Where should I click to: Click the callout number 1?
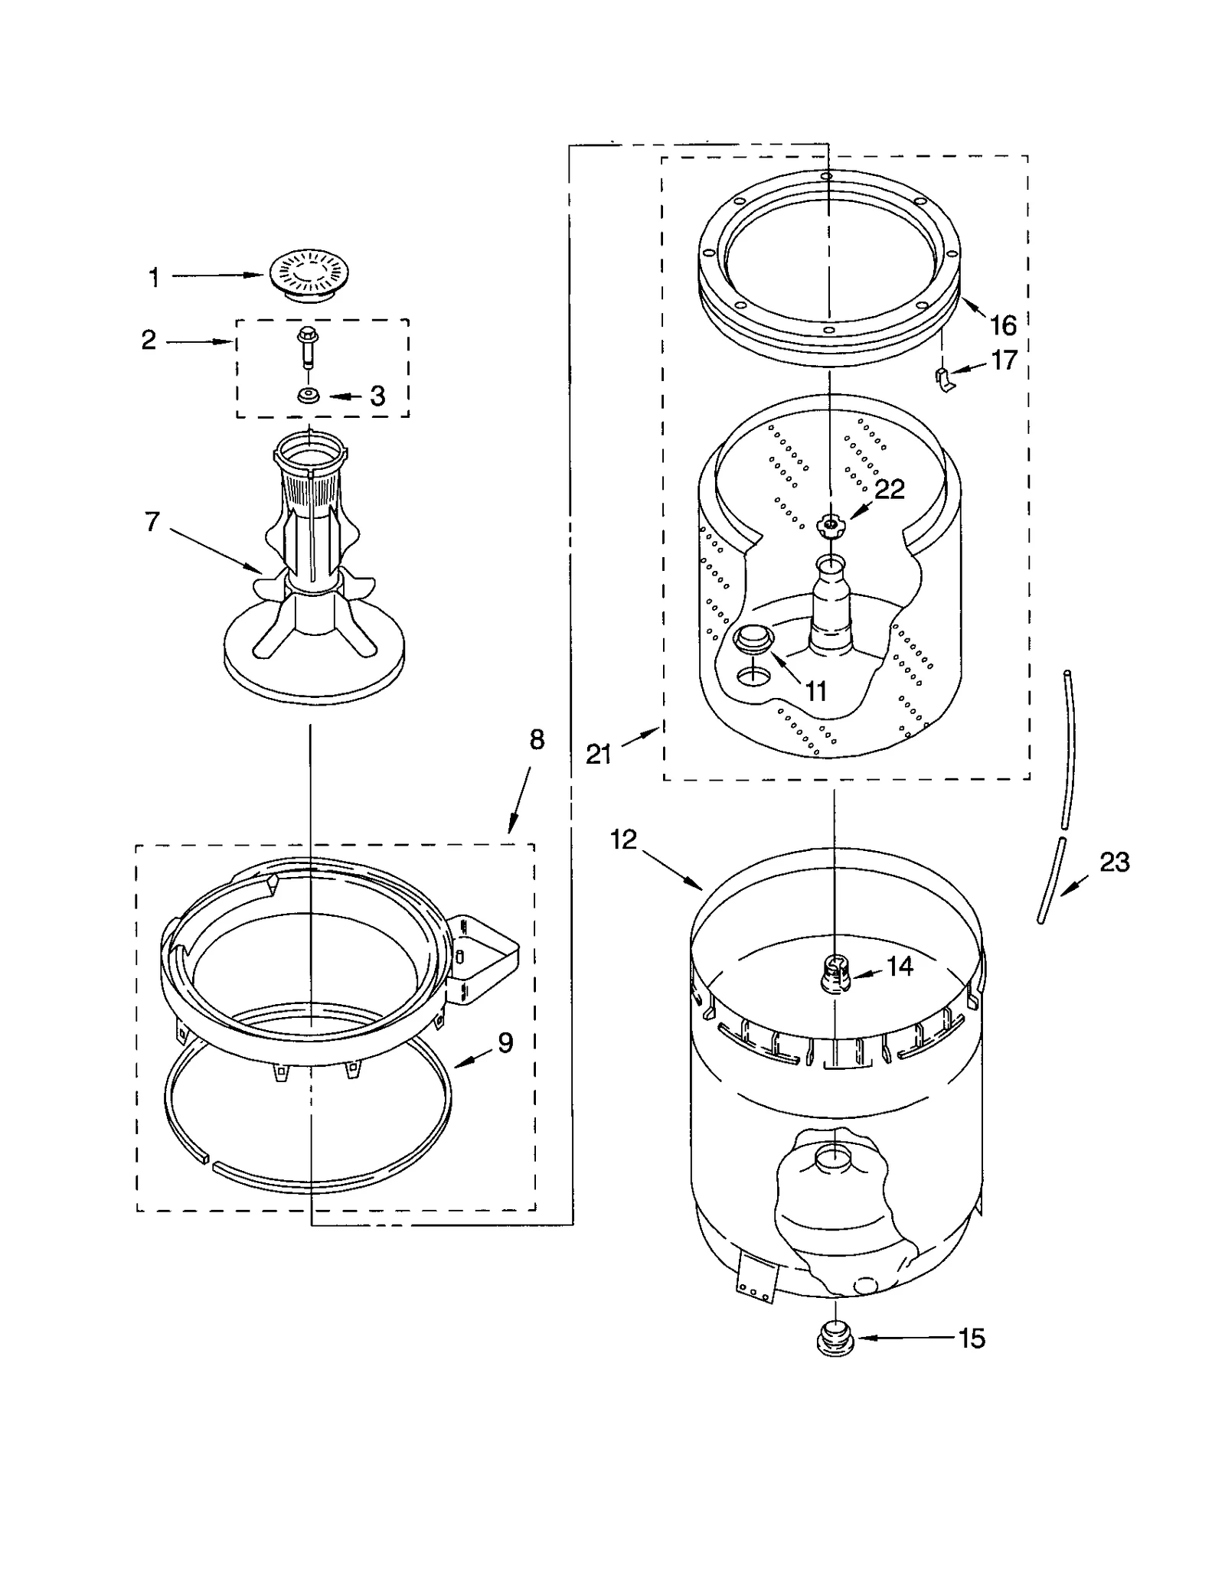click(x=154, y=278)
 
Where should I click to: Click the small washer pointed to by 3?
click(x=309, y=396)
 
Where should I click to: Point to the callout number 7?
click(x=152, y=523)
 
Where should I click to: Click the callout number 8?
click(x=537, y=740)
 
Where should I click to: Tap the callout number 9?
click(x=505, y=1043)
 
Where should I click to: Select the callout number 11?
click(x=816, y=691)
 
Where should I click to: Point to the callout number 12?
click(x=623, y=840)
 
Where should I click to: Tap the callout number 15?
click(x=972, y=1339)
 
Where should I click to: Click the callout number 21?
click(x=599, y=755)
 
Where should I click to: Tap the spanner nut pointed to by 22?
click(x=829, y=525)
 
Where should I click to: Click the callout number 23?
click(x=1114, y=862)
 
